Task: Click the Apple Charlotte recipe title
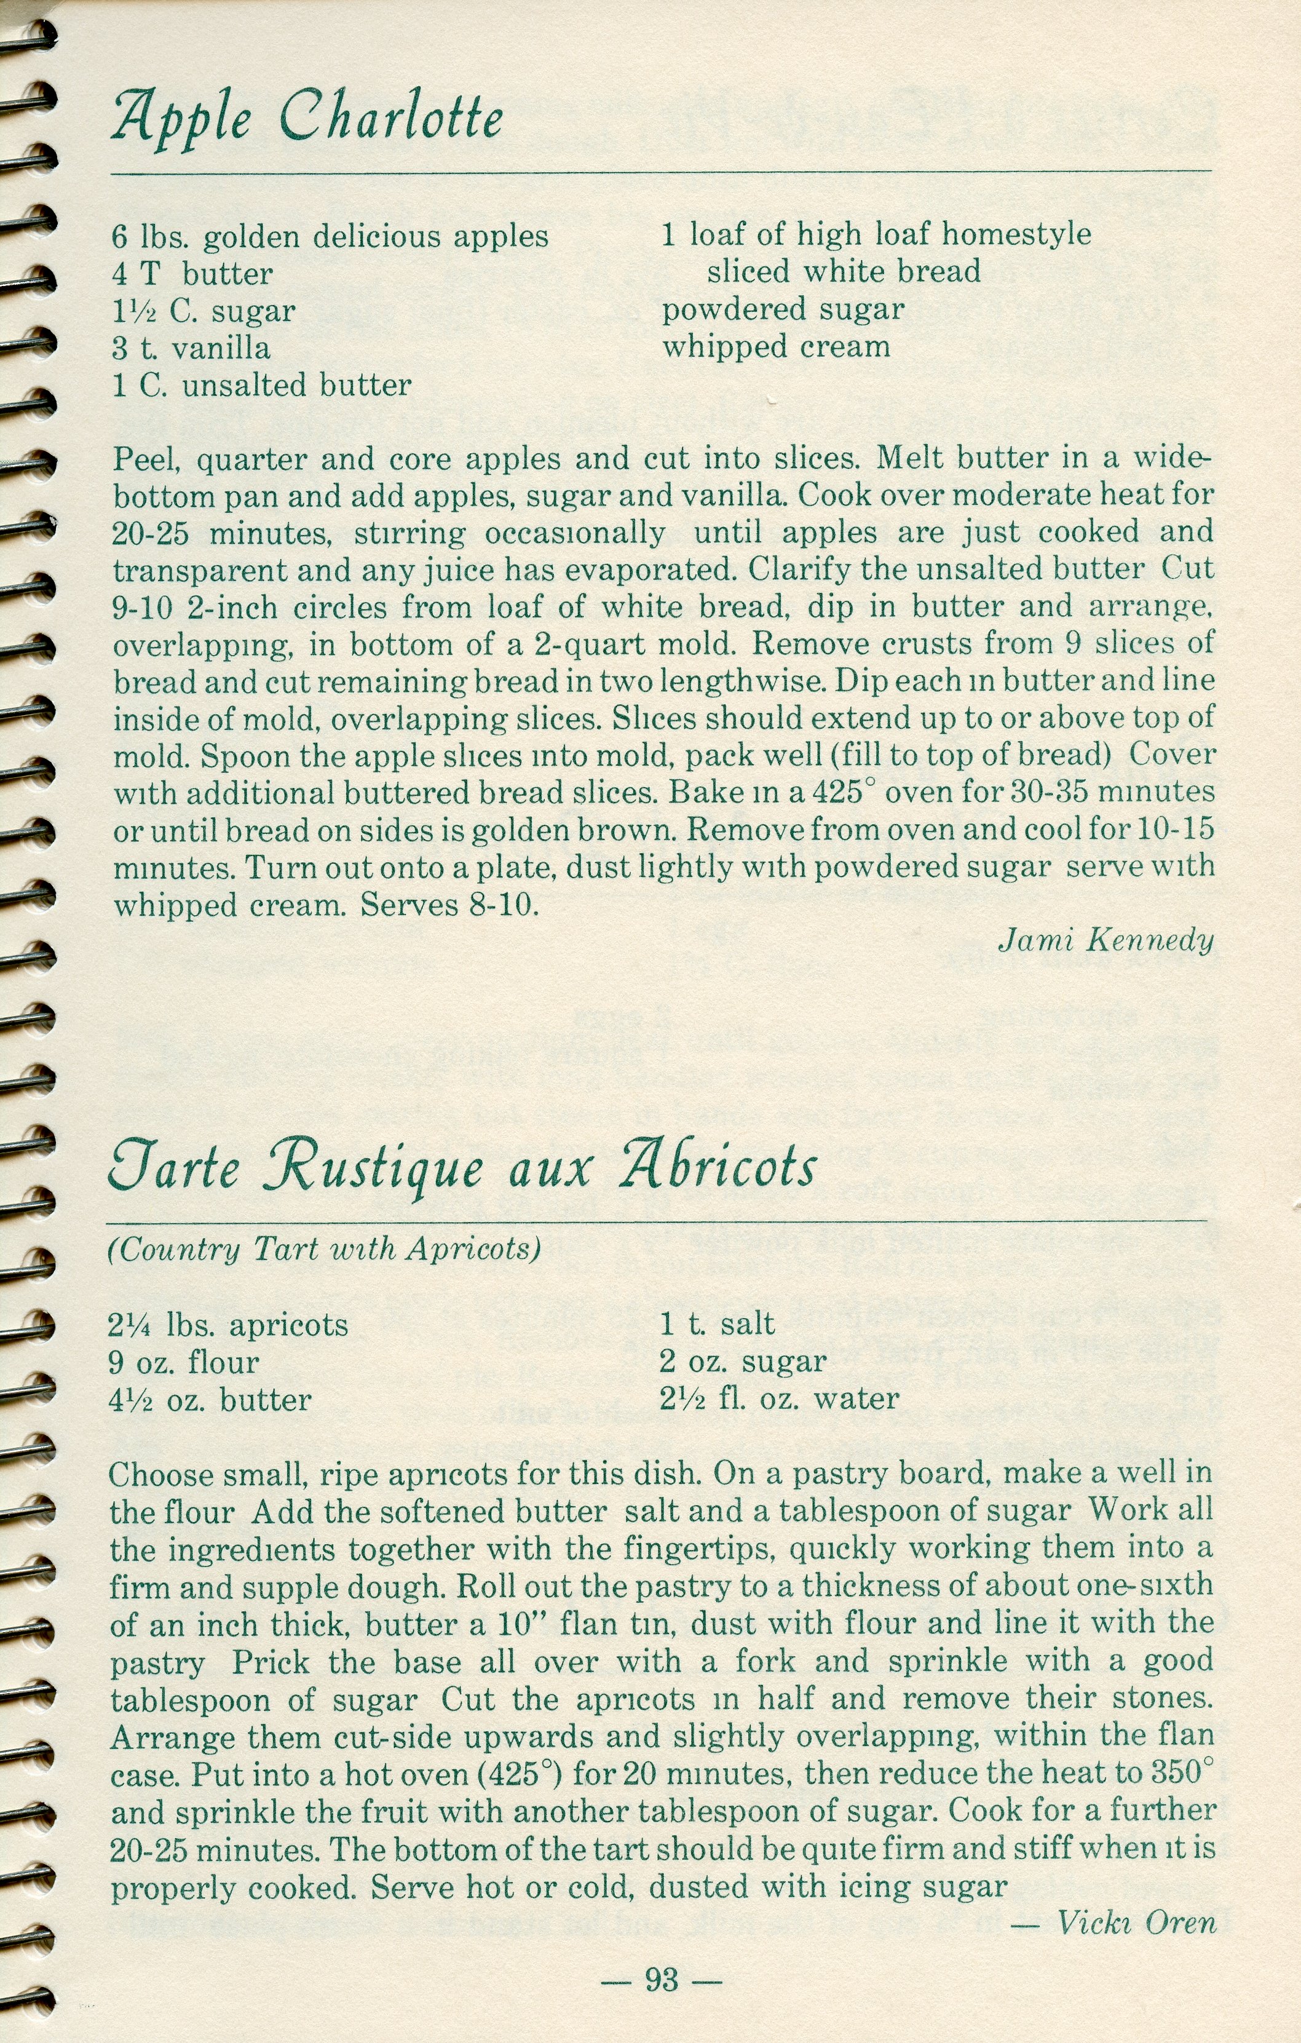coord(307,119)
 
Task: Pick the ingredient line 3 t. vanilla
coord(192,349)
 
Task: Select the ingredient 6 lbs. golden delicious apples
coord(330,237)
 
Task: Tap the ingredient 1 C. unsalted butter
coord(262,386)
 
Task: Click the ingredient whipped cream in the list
coord(776,347)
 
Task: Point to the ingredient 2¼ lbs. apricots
coord(228,1325)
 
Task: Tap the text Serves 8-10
coord(450,905)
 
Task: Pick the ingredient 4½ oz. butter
coord(210,1400)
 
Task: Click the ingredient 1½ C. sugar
coord(204,311)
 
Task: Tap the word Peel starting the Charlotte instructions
coord(146,460)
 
